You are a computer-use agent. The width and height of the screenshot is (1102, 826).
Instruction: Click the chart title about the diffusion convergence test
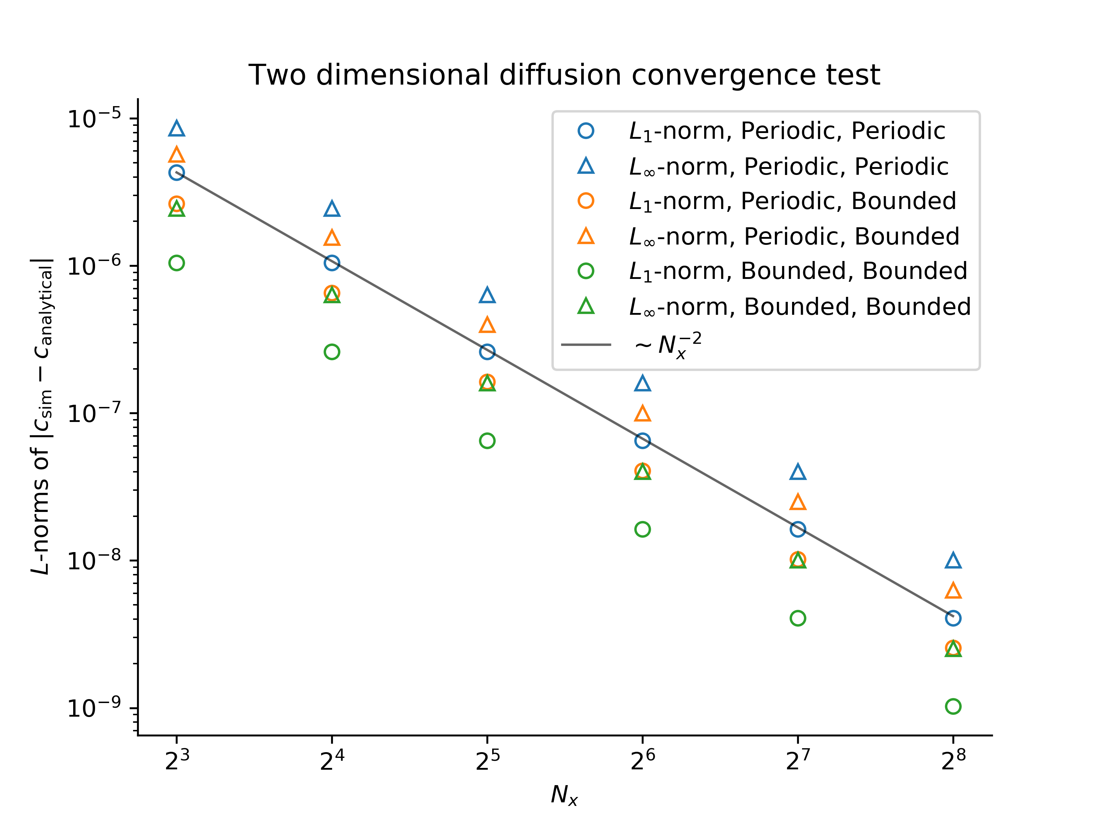(x=564, y=75)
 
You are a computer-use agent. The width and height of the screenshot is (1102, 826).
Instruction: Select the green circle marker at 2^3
(x=176, y=263)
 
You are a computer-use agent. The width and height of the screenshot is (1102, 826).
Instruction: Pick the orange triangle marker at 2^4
(x=332, y=238)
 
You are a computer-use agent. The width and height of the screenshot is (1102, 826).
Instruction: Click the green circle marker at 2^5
(x=487, y=441)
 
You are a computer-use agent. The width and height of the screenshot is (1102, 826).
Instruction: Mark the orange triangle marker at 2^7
(x=797, y=502)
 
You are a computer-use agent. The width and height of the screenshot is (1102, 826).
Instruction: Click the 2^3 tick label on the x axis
(x=177, y=760)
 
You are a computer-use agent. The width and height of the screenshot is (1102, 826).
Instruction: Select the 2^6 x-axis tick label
(x=643, y=760)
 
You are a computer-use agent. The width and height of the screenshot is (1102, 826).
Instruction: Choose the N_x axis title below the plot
(x=564, y=795)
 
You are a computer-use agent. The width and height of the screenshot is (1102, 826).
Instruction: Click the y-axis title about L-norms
(x=42, y=416)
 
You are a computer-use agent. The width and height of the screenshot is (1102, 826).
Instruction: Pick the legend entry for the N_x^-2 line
(x=668, y=345)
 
